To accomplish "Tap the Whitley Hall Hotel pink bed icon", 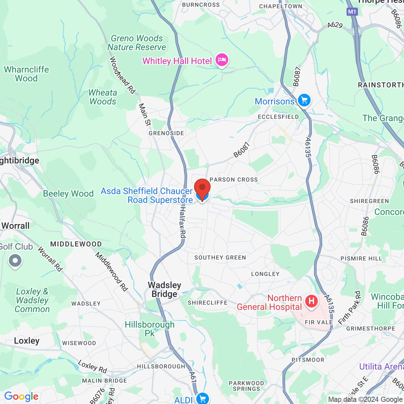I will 222,60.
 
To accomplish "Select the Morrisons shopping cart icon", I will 304,101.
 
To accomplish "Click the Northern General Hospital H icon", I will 311,301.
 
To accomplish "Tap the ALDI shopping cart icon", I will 202,398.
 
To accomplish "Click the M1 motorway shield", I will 352,12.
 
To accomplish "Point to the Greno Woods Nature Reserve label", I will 137,43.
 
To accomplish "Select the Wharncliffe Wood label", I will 27,74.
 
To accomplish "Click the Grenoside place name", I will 166,133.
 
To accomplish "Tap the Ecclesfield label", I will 278,117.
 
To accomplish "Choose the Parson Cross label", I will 234,180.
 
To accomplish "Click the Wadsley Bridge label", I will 164,289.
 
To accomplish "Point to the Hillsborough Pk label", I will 150,329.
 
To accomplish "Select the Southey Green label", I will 220,258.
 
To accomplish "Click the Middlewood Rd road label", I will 112,271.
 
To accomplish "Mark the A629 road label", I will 335,25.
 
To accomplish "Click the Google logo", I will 21,396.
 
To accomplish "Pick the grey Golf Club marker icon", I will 15,261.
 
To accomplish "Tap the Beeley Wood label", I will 68,193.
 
